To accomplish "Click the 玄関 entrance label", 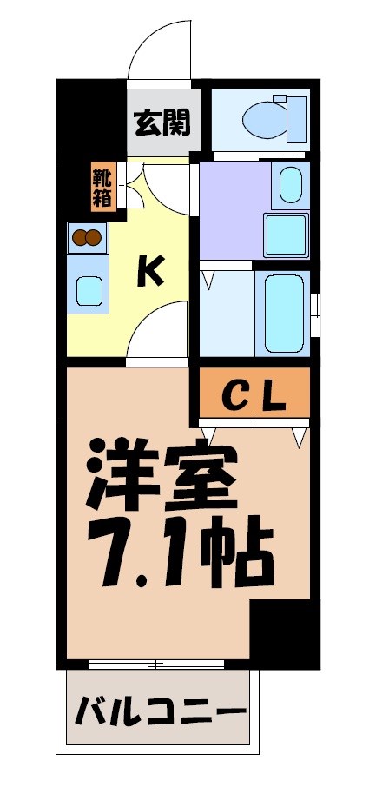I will pyautogui.click(x=162, y=122).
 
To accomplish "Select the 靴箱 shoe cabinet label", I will pyautogui.click(x=102, y=187).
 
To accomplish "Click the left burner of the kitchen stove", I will pyautogui.click(x=80, y=236).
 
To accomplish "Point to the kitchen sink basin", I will pyautogui.click(x=89, y=289).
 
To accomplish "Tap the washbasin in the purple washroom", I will pyautogui.click(x=290, y=184).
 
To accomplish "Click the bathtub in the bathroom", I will pyautogui.click(x=282, y=312).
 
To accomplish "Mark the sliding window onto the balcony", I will pyautogui.click(x=156, y=665).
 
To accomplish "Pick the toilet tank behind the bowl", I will pyautogui.click(x=297, y=119).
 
